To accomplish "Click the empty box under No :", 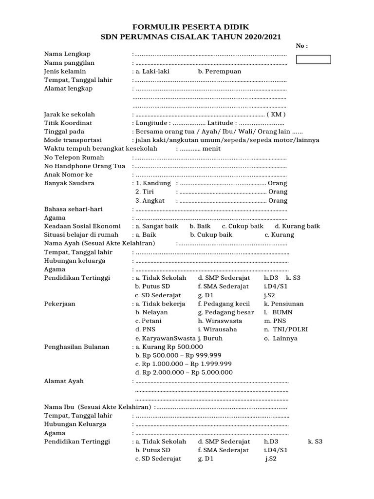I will coord(314,59).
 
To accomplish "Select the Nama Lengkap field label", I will coord(67,54).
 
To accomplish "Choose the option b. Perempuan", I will coord(219,71).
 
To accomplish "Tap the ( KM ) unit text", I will coord(276,115).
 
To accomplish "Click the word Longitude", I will coord(152,123).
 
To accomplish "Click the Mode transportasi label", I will coord(73,140).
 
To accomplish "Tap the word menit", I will coord(212,149).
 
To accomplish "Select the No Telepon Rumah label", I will coord(74,157).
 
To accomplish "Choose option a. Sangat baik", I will coord(157,226).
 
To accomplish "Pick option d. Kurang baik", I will coord(297,226).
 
